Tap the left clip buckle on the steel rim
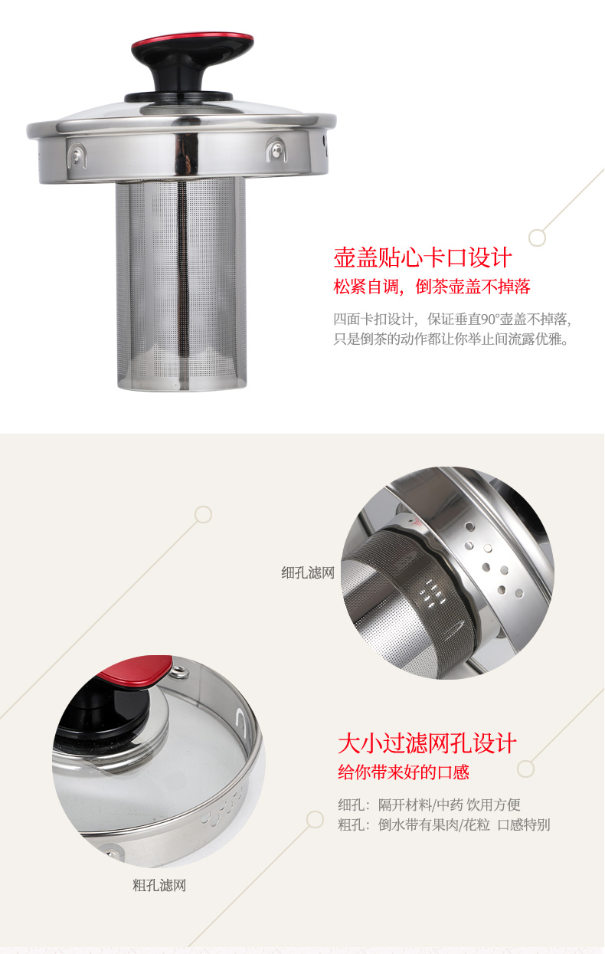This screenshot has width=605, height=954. (x=77, y=156)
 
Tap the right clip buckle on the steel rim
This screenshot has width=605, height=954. (x=276, y=149)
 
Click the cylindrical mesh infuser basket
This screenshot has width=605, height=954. (x=181, y=284)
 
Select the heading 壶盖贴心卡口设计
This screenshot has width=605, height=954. (x=423, y=257)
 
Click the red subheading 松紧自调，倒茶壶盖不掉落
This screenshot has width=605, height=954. (x=432, y=287)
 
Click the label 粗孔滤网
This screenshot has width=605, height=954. (x=159, y=886)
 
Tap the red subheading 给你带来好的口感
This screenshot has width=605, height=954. (x=404, y=772)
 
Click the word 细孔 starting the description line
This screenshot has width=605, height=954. (x=352, y=805)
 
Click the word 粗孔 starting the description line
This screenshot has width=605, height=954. (x=352, y=825)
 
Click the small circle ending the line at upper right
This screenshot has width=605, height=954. (x=538, y=238)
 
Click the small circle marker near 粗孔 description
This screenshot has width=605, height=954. (x=315, y=820)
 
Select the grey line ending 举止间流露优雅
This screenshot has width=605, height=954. (x=451, y=339)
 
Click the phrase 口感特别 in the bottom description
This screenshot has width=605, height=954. (x=524, y=825)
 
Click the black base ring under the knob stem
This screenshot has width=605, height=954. (x=178, y=97)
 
